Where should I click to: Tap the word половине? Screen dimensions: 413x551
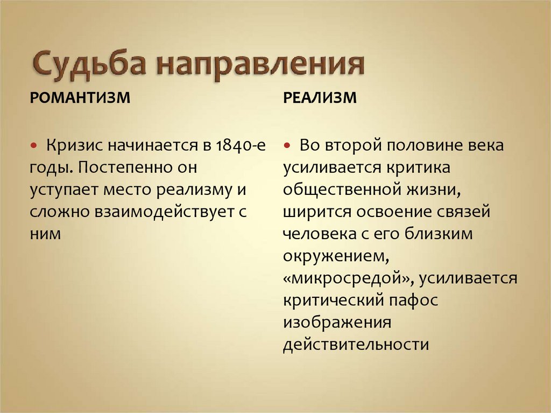(421, 146)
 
